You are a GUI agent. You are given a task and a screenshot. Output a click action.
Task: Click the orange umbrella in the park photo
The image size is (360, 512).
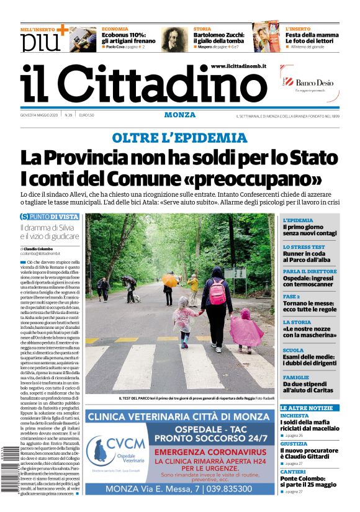(169, 281)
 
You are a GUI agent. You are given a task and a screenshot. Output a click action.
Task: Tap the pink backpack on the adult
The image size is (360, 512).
(218, 292)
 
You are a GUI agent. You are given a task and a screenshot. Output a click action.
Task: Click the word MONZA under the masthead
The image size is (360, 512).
(180, 115)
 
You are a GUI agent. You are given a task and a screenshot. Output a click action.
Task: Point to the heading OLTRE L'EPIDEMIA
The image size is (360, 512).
(179, 138)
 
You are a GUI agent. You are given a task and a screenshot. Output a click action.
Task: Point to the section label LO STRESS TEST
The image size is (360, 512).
(304, 246)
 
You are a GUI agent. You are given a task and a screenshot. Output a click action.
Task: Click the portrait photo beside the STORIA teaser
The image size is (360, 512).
(174, 38)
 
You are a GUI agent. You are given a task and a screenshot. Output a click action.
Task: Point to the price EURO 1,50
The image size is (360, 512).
(86, 115)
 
